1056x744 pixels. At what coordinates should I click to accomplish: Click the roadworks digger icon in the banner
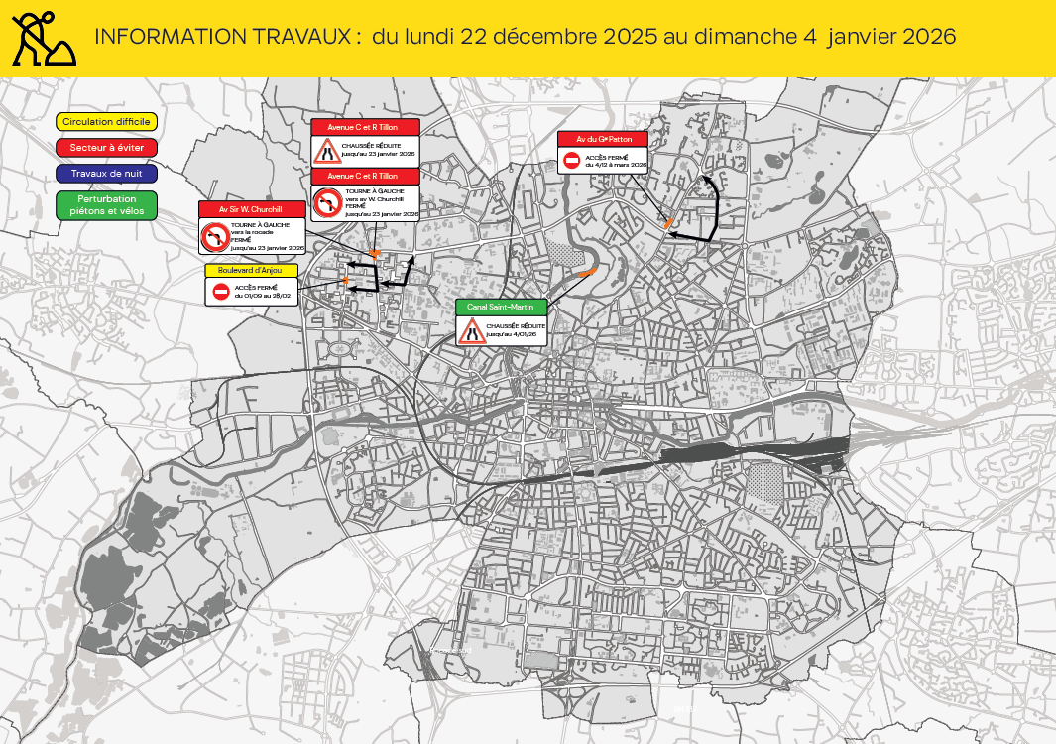[x=43, y=38]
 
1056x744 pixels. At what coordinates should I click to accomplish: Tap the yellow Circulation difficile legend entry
[x=106, y=121]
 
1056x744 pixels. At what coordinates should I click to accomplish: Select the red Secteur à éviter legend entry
[x=106, y=147]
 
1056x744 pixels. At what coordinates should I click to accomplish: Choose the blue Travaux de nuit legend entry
[x=106, y=173]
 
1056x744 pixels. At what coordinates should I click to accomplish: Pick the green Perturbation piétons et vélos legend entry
[x=106, y=205]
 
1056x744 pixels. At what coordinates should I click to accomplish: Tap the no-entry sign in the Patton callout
[x=571, y=161]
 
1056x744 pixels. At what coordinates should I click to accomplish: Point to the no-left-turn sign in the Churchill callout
[x=214, y=237]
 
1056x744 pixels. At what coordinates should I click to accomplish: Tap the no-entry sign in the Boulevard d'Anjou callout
[x=221, y=292]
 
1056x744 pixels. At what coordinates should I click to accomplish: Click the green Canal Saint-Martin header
[x=501, y=307]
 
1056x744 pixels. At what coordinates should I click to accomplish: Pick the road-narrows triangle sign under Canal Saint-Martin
[x=470, y=330]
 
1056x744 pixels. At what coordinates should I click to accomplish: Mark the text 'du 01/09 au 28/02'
[x=262, y=296]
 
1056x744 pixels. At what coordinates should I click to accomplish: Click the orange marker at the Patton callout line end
[x=670, y=222]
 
